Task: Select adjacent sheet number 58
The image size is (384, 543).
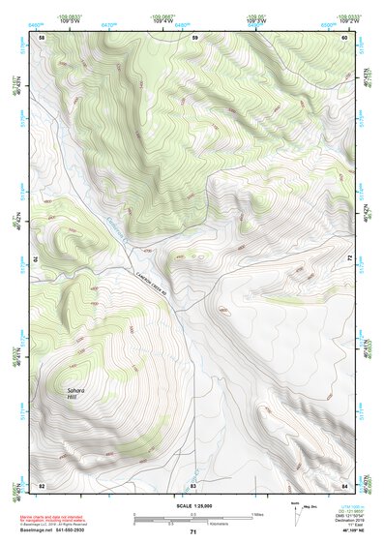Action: [x=42, y=37]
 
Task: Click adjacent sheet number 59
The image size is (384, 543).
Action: [x=194, y=37]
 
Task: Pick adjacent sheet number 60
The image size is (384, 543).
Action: [x=345, y=37]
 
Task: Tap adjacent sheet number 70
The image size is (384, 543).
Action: [x=39, y=260]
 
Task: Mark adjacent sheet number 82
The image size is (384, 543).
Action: [x=42, y=484]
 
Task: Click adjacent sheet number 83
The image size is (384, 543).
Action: [x=193, y=484]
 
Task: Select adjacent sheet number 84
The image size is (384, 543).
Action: [x=345, y=484]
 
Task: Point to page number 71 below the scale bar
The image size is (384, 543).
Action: [x=192, y=532]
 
